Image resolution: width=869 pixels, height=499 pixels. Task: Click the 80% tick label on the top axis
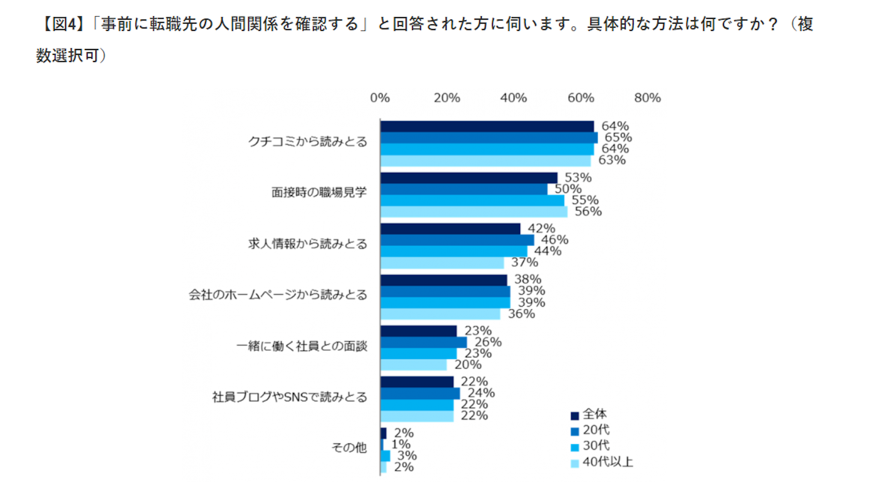pyautogui.click(x=647, y=98)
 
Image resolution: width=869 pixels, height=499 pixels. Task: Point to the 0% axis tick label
pyautogui.click(x=380, y=98)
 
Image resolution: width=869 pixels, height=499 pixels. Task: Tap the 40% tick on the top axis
pyautogui.click(x=513, y=98)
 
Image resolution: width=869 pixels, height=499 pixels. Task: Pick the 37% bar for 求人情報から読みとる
pyautogui.click(x=442, y=263)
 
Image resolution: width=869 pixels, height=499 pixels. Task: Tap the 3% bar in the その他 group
pyautogui.click(x=385, y=456)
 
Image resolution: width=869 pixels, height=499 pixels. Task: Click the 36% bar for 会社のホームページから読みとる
pyautogui.click(x=440, y=314)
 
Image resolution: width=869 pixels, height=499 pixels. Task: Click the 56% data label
pyautogui.click(x=588, y=212)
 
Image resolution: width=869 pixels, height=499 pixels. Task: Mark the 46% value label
pyautogui.click(x=554, y=240)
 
